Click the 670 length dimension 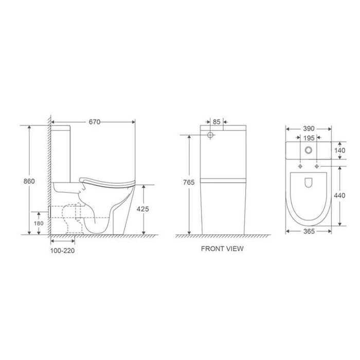[x=93, y=122]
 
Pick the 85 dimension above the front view [x=217, y=122]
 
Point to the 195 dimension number [x=309, y=138]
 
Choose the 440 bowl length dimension [x=340, y=195]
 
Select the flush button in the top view [x=309, y=150]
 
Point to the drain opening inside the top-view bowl [x=309, y=182]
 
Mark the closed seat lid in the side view [x=108, y=179]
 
